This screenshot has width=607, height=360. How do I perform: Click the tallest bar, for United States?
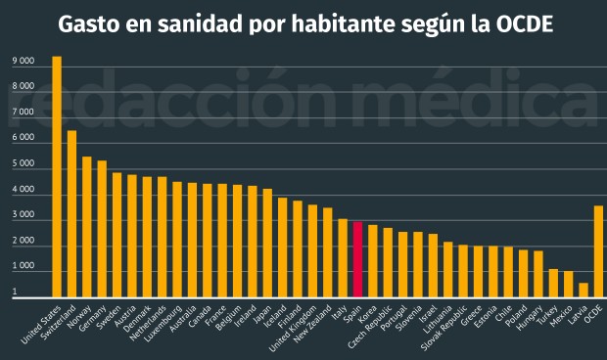57,176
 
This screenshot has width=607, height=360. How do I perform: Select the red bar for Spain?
358,259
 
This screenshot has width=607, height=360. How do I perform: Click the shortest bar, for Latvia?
584,290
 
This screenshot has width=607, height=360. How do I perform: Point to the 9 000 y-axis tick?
23,62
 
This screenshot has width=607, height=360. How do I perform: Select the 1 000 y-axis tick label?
23,266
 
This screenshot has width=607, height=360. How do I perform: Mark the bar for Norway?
87,226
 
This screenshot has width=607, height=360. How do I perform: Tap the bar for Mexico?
568,284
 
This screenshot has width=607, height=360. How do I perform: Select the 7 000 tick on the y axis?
23,112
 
